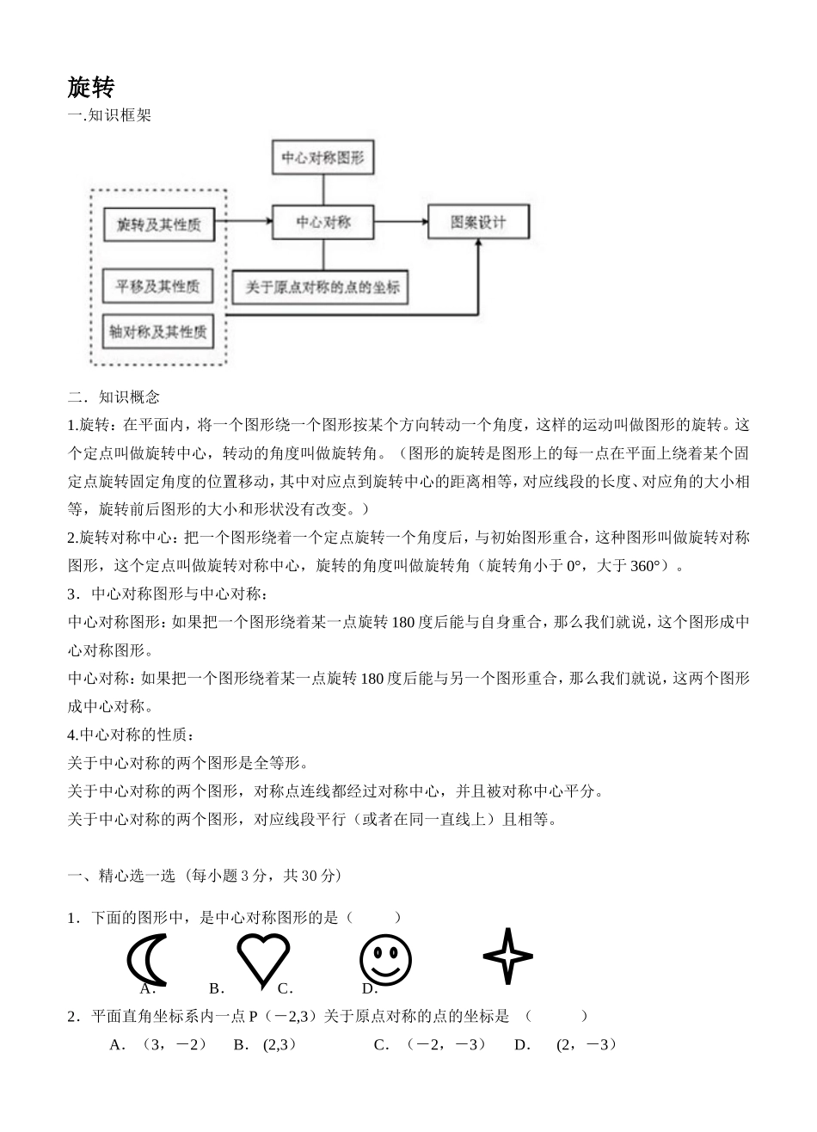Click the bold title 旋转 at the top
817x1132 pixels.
90,87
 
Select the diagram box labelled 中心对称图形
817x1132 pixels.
322,159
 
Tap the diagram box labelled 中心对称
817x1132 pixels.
323,222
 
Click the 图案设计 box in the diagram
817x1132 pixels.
478,222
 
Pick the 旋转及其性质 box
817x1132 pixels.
158,225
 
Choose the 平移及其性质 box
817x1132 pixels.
157,286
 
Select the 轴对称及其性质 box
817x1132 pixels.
158,331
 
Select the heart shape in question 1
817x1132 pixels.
263,957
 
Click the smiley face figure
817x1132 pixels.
385,959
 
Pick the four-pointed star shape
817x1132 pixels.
507,957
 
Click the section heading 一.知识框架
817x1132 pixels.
109,116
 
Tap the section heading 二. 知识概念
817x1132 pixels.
114,397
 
